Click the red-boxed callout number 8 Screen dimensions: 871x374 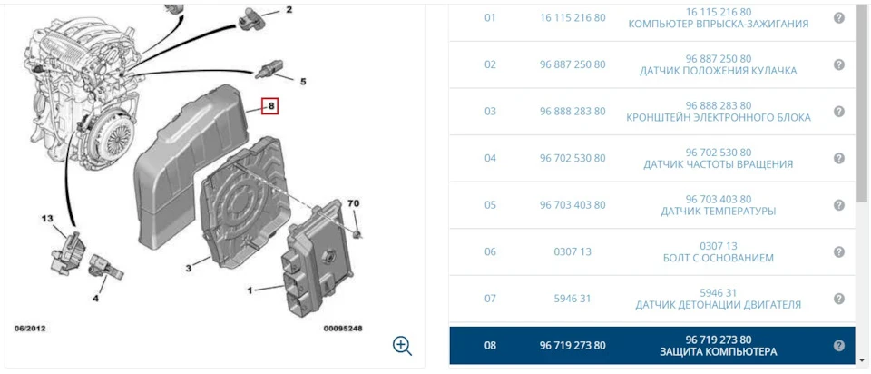click(x=270, y=105)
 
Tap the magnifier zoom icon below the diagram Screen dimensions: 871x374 click(x=402, y=346)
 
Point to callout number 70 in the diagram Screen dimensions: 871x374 click(x=353, y=203)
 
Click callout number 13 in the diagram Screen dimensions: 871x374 click(x=46, y=219)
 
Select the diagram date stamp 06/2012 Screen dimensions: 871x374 click(x=30, y=329)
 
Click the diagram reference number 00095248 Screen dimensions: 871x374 click(x=343, y=329)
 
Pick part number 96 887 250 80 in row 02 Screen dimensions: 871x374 click(x=573, y=64)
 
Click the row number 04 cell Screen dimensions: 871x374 click(x=490, y=158)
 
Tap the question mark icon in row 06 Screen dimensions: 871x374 click(x=839, y=251)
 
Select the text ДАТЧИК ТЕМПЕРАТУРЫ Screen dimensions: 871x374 click(x=719, y=212)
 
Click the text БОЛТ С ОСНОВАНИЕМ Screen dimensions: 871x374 click(x=719, y=258)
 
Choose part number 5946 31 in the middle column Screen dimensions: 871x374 click(x=573, y=299)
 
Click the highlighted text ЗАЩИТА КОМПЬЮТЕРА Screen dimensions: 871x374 click(x=719, y=352)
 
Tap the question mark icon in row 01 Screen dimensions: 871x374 click(x=839, y=18)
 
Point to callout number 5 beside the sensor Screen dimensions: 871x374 click(x=303, y=82)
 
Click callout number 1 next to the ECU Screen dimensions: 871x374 click(x=250, y=290)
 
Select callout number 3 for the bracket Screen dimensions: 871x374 click(x=189, y=269)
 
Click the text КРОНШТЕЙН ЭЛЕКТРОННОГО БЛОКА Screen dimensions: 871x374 click(x=719, y=118)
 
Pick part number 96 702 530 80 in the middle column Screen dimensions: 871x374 click(x=573, y=158)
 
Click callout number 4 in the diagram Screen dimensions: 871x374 click(x=95, y=299)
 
